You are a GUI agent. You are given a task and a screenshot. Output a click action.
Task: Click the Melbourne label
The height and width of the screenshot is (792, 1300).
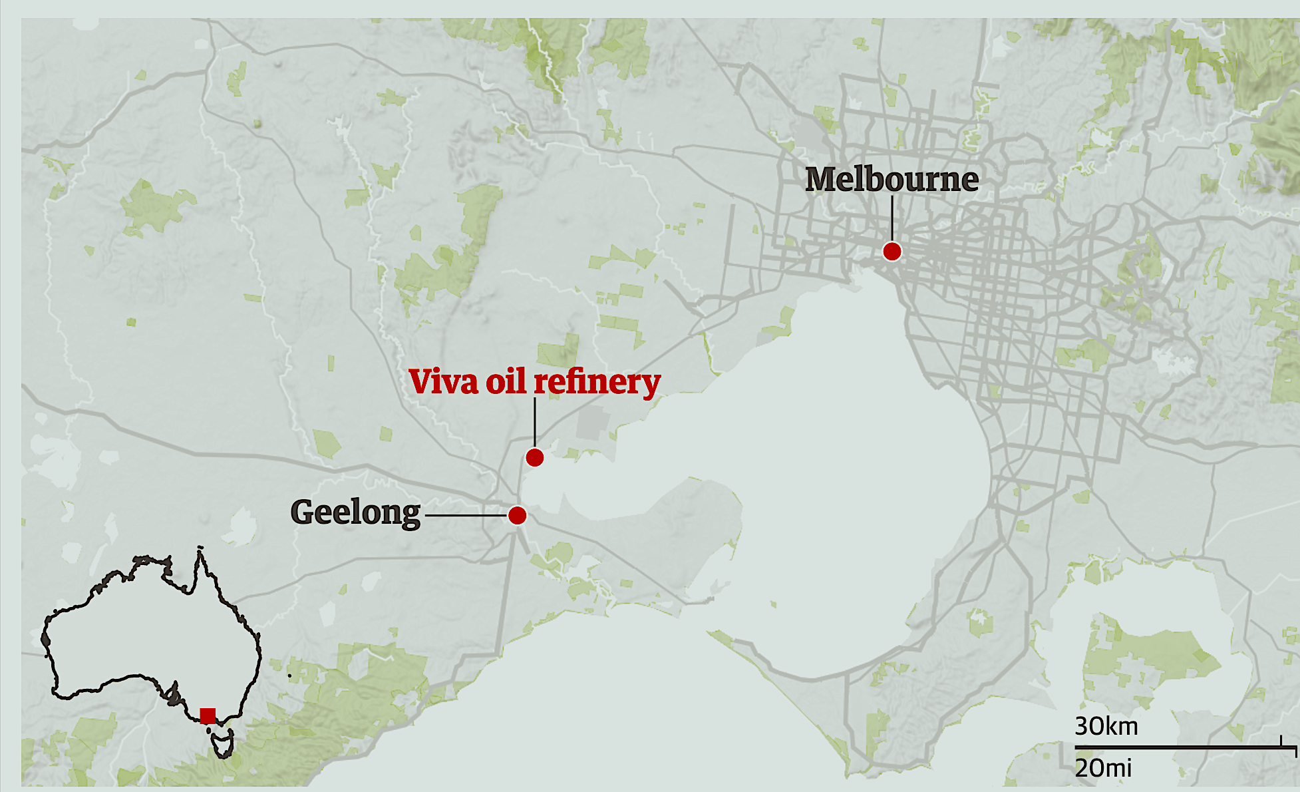pyautogui.click(x=892, y=180)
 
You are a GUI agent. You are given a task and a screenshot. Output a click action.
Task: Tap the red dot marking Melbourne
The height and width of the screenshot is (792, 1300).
pyautogui.click(x=892, y=252)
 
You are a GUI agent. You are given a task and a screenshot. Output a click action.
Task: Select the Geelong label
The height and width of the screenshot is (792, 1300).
pyautogui.click(x=355, y=513)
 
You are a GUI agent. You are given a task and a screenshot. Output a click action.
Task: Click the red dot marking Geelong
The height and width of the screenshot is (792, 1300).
pyautogui.click(x=517, y=515)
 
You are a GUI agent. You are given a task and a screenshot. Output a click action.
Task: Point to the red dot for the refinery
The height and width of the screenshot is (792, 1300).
pyautogui.click(x=534, y=458)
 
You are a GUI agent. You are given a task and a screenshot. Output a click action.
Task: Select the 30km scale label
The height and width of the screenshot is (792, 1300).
pyautogui.click(x=1106, y=726)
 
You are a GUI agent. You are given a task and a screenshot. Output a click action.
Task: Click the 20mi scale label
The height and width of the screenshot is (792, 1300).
pyautogui.click(x=1103, y=768)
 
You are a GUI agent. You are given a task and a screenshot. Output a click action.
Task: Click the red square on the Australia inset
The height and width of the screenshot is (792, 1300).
pyautogui.click(x=208, y=716)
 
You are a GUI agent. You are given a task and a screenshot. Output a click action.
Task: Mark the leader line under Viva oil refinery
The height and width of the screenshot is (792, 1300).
pyautogui.click(x=535, y=422)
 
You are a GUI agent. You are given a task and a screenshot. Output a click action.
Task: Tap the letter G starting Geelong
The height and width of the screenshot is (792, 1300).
pyautogui.click(x=304, y=512)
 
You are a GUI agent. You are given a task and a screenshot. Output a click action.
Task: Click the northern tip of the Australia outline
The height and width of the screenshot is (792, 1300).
pyautogui.click(x=200, y=549)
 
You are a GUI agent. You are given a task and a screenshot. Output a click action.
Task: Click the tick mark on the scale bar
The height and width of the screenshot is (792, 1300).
pyautogui.click(x=1281, y=741)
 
